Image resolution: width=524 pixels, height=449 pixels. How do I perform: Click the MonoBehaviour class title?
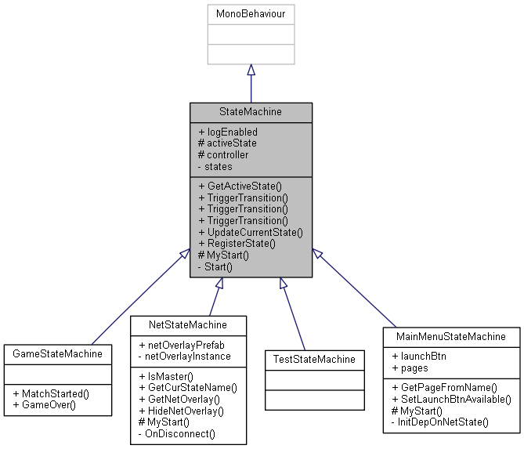251,15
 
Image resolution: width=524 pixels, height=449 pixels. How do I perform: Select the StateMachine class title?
251,112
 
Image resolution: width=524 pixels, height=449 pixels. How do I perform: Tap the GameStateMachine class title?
59,353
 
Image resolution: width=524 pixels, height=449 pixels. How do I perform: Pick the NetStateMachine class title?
188,324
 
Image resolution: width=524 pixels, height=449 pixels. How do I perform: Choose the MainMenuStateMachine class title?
450,337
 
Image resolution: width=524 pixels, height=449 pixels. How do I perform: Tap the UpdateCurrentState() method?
251,232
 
